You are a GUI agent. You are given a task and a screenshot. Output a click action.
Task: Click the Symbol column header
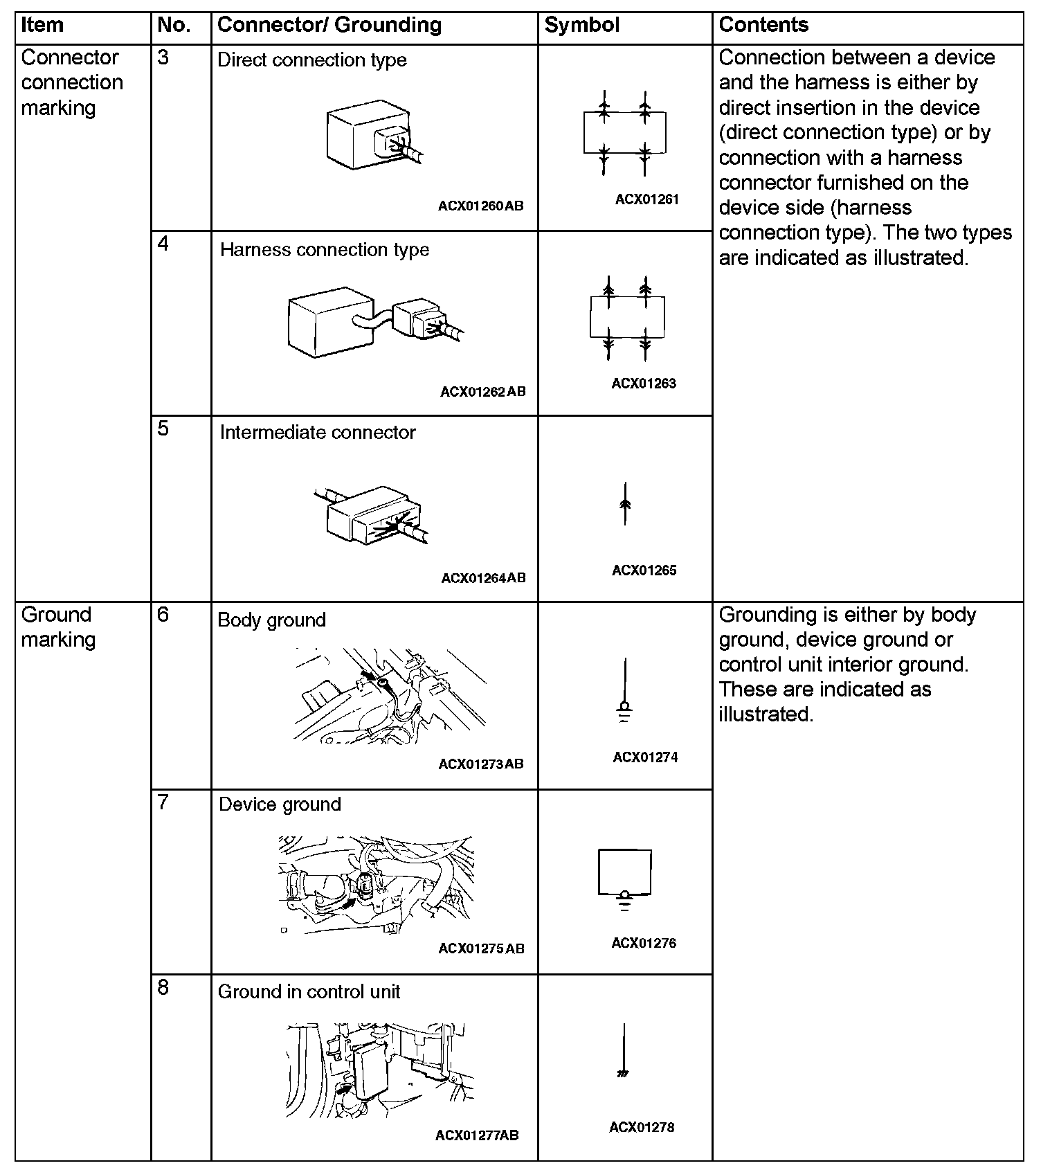pos(581,26)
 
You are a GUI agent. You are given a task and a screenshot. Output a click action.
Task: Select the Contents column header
pos(763,26)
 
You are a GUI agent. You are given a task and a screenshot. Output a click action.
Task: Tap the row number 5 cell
pos(163,429)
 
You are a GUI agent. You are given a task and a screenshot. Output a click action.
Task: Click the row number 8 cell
pos(163,987)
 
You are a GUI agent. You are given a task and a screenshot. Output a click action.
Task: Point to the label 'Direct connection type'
pos(311,60)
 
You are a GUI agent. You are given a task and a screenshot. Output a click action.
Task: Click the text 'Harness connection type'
pos(324,250)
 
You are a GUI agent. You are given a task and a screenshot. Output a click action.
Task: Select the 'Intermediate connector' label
pos(317,433)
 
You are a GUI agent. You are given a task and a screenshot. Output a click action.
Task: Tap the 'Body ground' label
pos(271,620)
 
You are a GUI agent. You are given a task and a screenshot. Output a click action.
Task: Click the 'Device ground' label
pos(280,804)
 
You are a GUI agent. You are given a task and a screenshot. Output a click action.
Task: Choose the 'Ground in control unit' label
pos(309,992)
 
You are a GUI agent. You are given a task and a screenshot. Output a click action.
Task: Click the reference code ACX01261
pos(646,199)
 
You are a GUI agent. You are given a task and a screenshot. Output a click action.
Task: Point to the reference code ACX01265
pos(644,570)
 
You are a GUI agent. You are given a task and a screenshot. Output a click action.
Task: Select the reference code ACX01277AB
pos(477,1135)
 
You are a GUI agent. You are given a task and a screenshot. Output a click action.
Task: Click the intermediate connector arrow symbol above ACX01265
pos(625,503)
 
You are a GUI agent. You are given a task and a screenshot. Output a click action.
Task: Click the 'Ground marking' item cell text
pos(58,627)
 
